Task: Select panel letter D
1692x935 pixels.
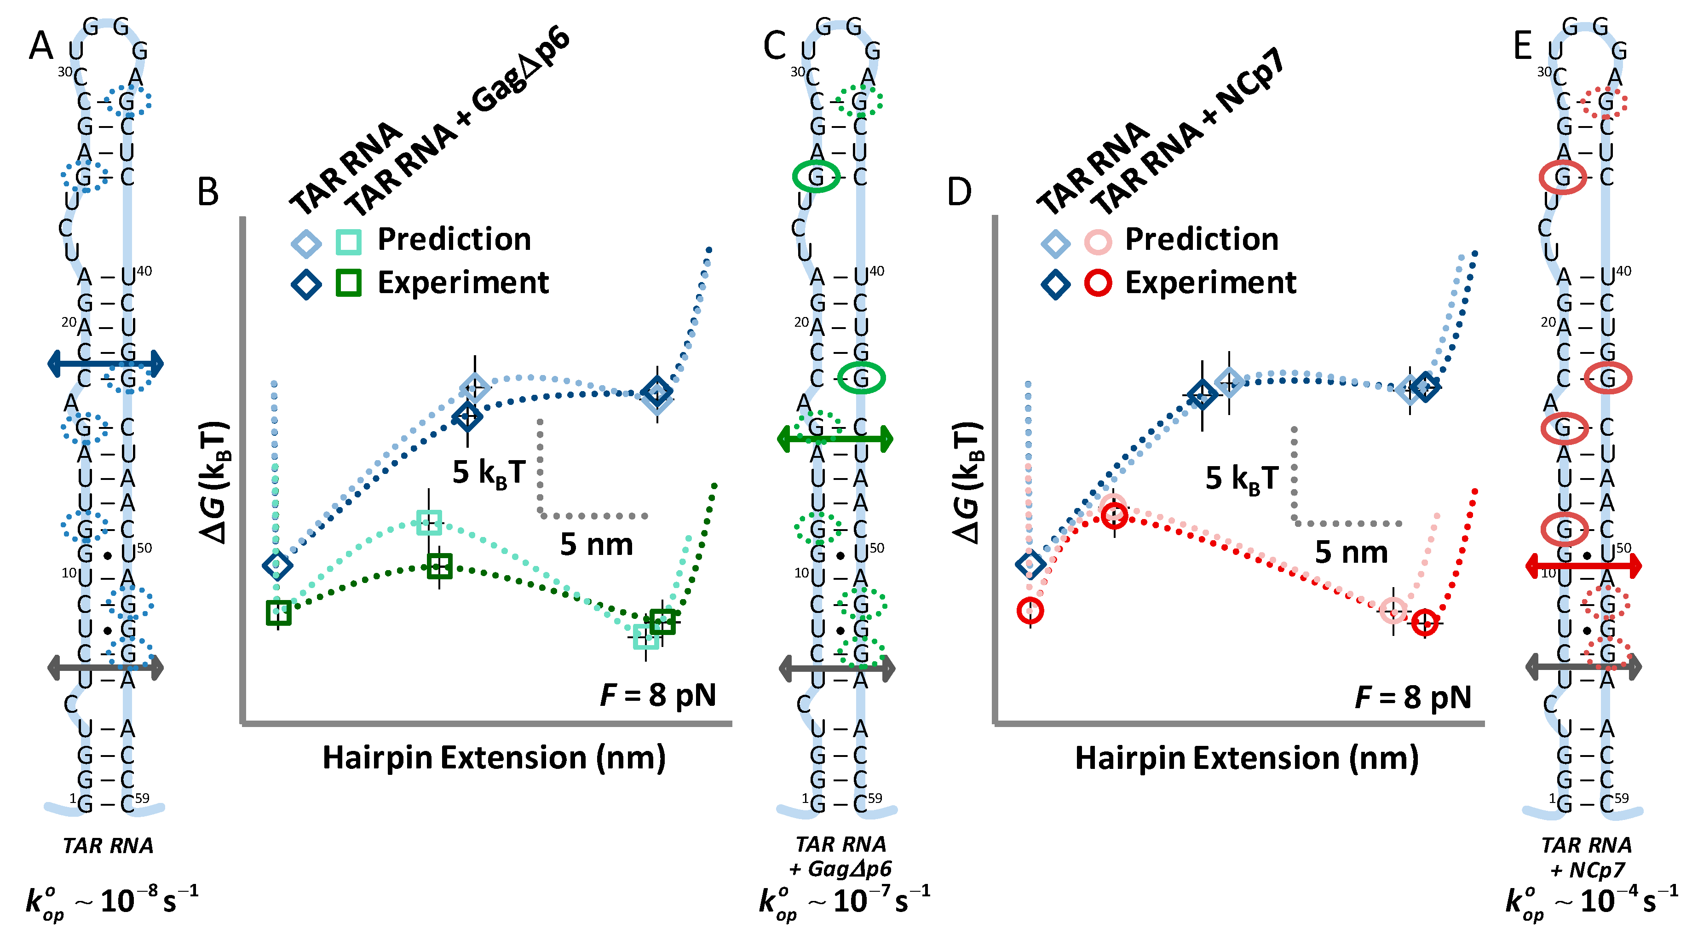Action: tap(959, 192)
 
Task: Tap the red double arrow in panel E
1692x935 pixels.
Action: tap(1583, 565)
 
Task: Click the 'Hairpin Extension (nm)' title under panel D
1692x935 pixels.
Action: tap(1247, 757)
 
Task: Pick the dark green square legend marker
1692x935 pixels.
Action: tap(348, 283)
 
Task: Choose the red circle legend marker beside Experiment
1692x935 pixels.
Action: tap(1098, 283)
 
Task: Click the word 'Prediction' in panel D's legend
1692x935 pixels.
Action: tap(1201, 239)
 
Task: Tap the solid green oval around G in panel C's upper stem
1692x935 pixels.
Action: tap(816, 176)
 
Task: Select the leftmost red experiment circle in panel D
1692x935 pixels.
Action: tap(1030, 611)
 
